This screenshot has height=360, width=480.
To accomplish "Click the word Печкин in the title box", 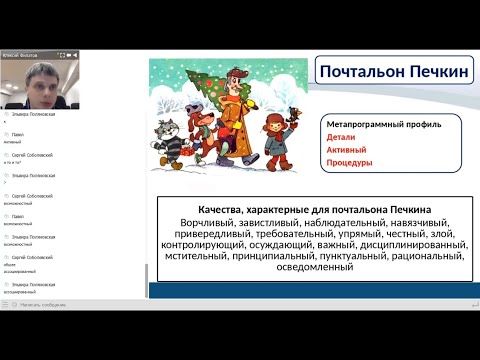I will point(429,72).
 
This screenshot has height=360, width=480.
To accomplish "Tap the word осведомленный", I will point(314,267).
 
